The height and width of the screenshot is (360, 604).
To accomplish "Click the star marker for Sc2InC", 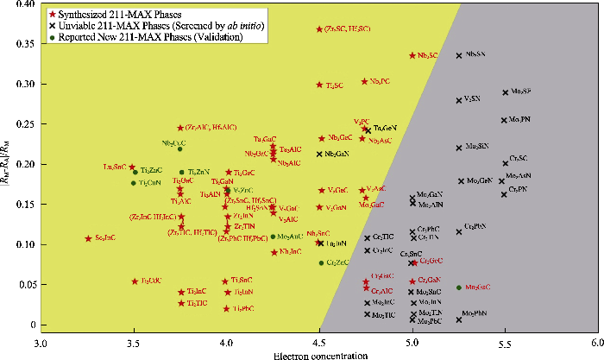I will pyautogui.click(x=88, y=238).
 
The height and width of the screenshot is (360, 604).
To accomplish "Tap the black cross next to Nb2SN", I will pyautogui.click(x=459, y=55).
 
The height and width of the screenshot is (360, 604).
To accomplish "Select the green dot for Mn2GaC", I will pyautogui.click(x=459, y=287).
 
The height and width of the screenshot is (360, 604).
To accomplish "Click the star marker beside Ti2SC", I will pyautogui.click(x=319, y=85).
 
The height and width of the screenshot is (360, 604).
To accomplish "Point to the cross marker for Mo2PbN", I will pyautogui.click(x=459, y=319).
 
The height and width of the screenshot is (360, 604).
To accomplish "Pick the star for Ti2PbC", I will pyautogui.click(x=226, y=308).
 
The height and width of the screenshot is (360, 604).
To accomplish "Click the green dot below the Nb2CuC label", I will pyautogui.click(x=180, y=149).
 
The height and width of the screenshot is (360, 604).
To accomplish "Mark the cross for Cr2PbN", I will pyautogui.click(x=459, y=231).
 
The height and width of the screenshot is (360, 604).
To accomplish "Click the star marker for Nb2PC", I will pyautogui.click(x=364, y=82).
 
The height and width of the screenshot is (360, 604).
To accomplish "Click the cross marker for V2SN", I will pyautogui.click(x=459, y=100).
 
